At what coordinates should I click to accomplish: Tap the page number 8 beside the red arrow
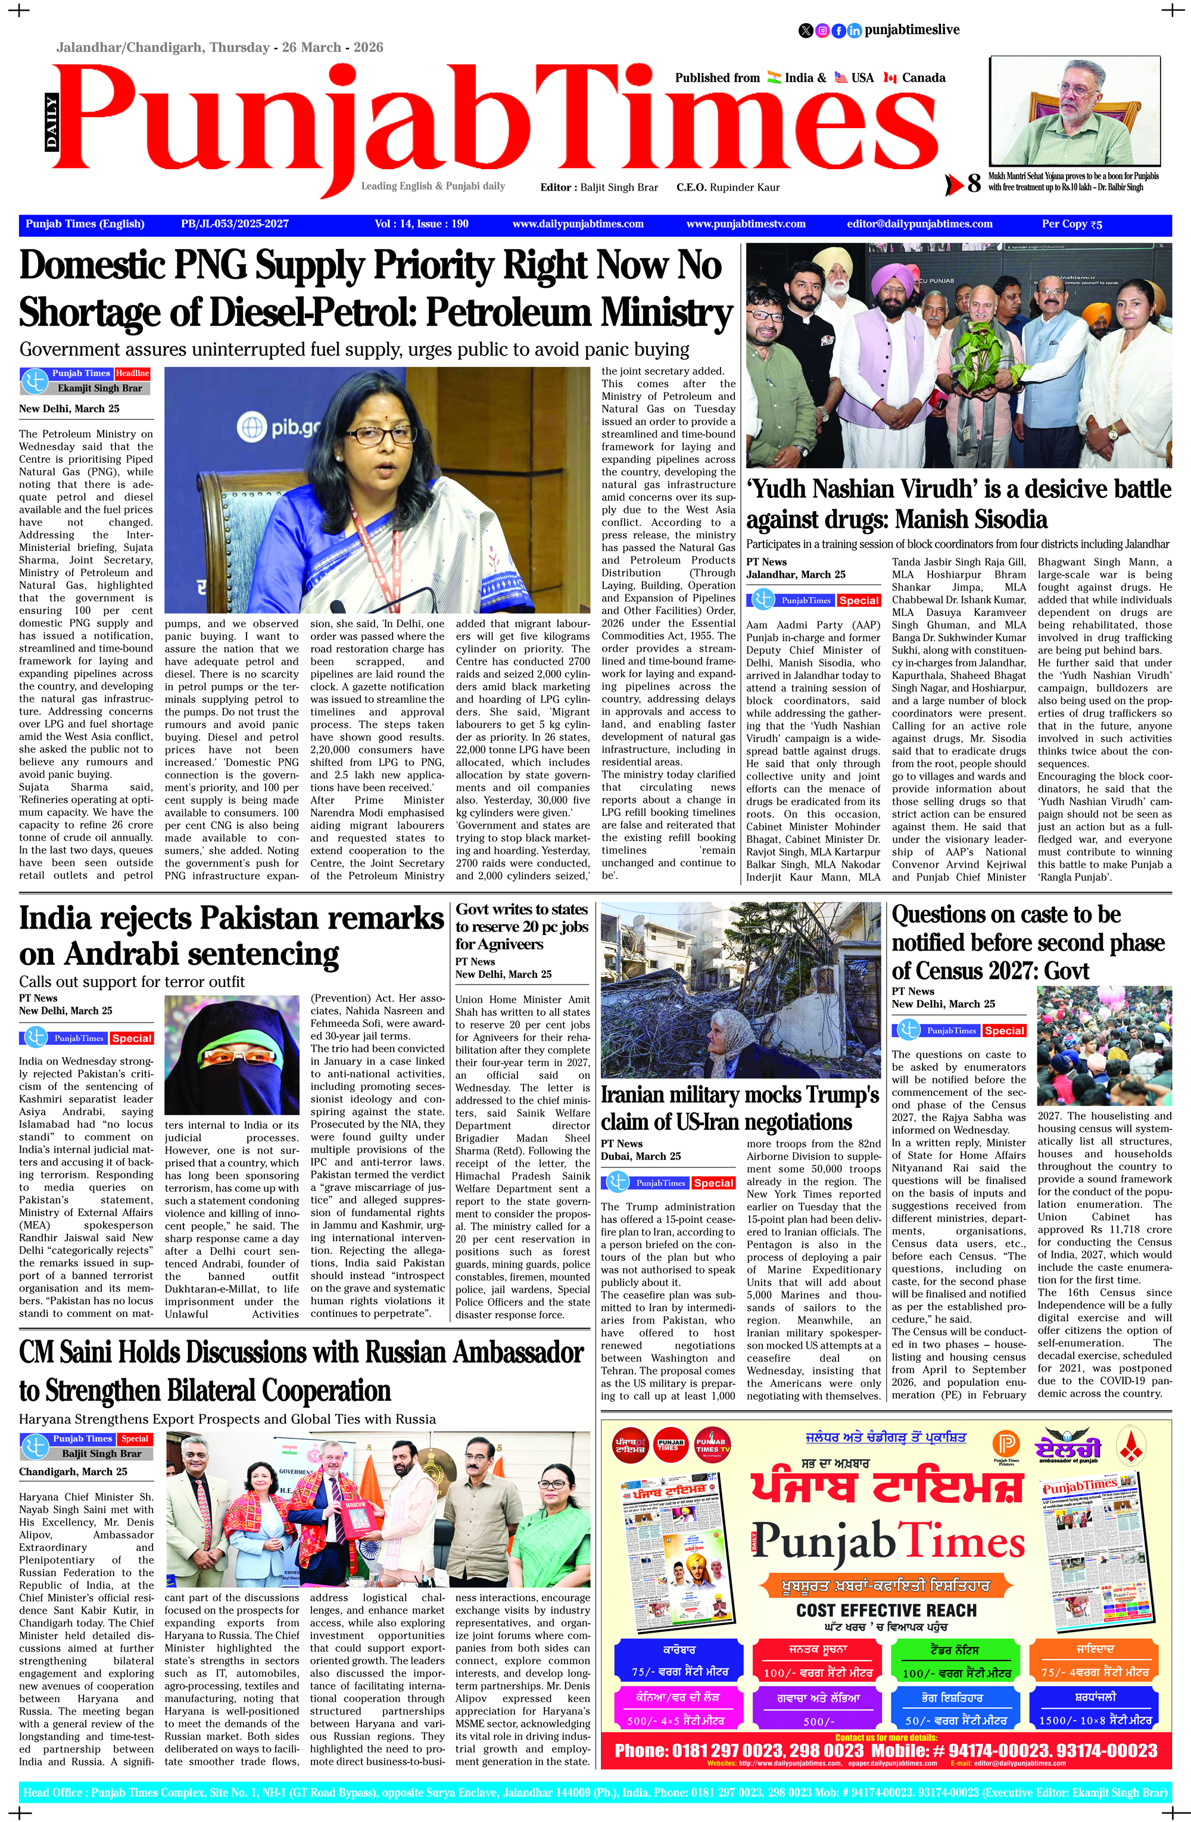click(974, 183)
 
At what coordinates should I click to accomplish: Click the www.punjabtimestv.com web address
click(746, 225)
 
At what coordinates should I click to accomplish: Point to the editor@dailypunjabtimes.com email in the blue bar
click(919, 225)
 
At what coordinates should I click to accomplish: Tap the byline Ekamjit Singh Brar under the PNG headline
click(99, 388)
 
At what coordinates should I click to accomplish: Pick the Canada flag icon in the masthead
click(890, 77)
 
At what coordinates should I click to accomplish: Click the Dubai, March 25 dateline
click(641, 1156)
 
